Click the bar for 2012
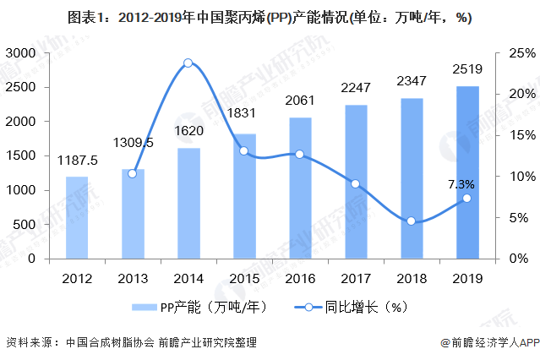point(77,218)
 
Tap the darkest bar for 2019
point(466,173)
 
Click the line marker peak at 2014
point(188,63)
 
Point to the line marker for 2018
point(411,221)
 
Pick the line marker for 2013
point(132,173)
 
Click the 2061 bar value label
point(300,101)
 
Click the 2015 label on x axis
point(243,276)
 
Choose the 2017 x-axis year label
point(355,276)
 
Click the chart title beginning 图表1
point(270,17)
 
